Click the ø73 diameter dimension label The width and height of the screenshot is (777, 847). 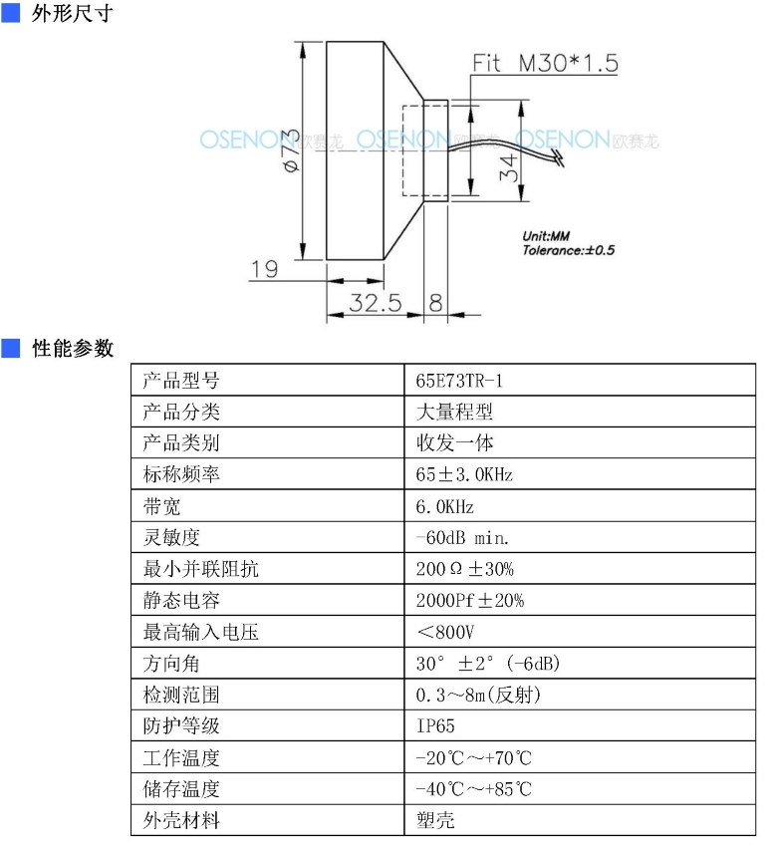292,150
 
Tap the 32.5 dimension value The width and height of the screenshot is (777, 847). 376,303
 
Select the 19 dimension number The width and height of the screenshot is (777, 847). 265,269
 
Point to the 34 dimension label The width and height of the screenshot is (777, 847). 509,167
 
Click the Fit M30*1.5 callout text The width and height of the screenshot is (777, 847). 545,63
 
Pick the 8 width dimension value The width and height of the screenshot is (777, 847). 435,303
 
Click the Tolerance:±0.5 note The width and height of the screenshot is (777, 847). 568,250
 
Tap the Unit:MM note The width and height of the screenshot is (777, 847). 546,236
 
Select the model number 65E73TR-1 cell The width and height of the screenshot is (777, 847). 459,381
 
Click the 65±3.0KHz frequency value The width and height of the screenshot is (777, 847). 464,474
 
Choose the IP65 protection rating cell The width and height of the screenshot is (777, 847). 435,726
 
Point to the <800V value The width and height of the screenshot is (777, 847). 445,632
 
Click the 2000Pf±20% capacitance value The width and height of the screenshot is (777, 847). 470,600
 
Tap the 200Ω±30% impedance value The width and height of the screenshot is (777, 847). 464,569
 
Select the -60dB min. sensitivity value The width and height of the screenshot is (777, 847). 462,538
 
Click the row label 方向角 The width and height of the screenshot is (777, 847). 171,664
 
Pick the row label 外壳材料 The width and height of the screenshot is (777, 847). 181,820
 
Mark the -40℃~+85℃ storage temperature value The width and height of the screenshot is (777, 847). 473,789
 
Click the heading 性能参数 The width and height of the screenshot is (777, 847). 73,349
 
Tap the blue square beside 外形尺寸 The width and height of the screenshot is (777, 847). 10,13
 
